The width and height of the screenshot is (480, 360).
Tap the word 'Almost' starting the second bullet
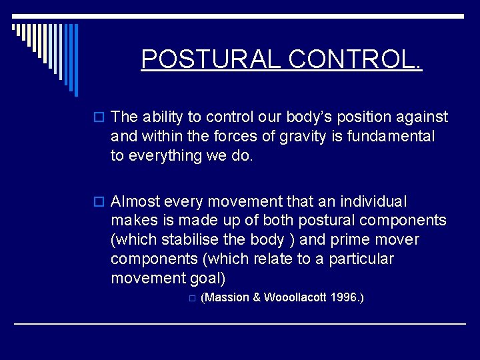point(135,201)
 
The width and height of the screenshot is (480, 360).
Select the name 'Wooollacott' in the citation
point(295,297)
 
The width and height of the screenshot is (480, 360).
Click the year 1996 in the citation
point(345,297)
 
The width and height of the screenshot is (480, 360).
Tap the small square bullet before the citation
point(191,299)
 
